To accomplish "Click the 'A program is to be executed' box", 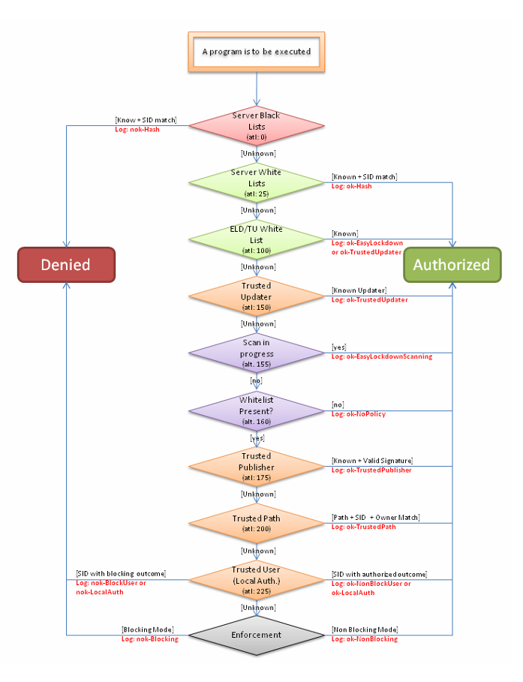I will [257, 53].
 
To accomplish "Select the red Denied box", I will [66, 265].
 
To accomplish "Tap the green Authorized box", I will [452, 265].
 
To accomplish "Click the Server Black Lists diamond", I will [256, 126].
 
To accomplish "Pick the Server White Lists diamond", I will [256, 182].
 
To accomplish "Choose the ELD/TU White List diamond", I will [256, 239].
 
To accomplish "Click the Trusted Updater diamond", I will [256, 296].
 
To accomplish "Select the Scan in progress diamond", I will [256, 353].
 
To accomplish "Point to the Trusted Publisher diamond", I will [256, 467].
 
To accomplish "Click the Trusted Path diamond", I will [256, 523].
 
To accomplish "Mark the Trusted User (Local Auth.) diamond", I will [256, 579].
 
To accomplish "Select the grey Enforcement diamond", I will [256, 635].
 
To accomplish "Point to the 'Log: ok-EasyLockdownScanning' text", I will [381, 356].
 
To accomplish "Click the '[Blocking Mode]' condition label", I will [148, 629].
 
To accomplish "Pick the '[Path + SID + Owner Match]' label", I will [375, 518].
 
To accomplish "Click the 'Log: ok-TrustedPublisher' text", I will [371, 470].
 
